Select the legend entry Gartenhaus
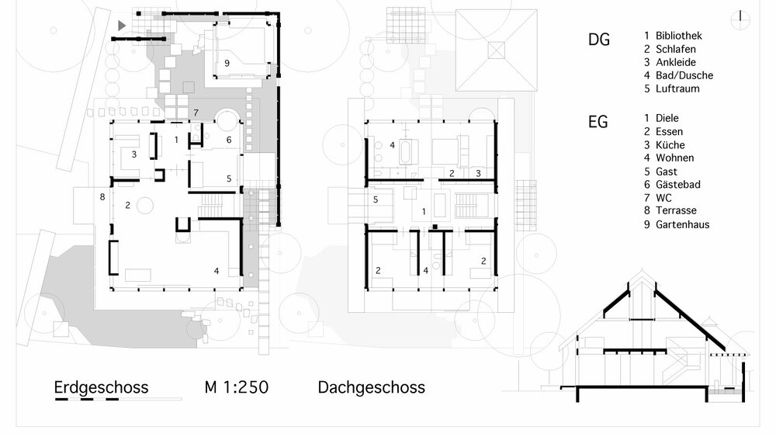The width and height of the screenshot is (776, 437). coord(682,225)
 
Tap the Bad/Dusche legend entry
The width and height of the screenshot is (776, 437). coord(684,75)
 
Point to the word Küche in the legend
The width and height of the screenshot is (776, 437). coord(670,145)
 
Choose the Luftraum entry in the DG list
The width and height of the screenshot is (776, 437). coord(677,88)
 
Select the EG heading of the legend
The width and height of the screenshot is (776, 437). coord(598,122)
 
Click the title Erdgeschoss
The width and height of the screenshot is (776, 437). coord(101,387)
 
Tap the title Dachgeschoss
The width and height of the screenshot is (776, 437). coord(371,387)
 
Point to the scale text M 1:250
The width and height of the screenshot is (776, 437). coord(237,387)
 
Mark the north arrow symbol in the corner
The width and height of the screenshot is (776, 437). coord(741,17)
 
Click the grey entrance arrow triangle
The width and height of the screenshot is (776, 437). coord(121,26)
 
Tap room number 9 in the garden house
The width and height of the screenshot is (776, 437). coord(227,64)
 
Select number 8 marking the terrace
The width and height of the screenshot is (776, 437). coord(102,197)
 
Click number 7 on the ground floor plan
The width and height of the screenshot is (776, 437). coord(196,113)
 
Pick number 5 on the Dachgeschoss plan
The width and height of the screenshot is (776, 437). coord(376,199)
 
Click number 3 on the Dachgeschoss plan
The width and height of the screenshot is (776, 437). coord(478,172)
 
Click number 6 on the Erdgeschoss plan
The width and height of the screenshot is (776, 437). coord(229,140)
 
